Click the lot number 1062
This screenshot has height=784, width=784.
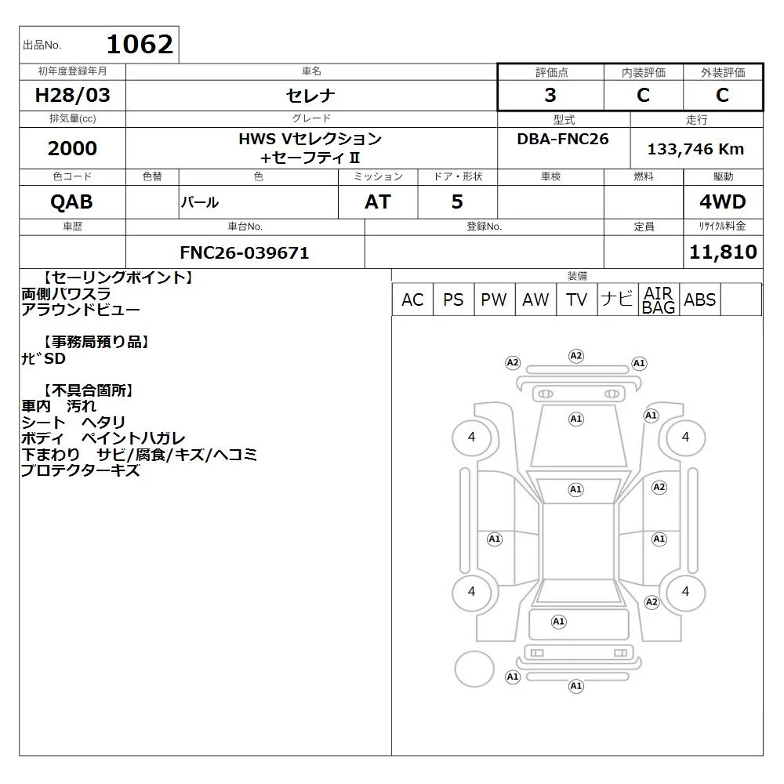(140, 44)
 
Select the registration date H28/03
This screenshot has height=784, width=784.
(72, 95)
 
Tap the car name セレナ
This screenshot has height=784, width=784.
(310, 95)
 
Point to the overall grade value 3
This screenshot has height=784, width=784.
(550, 95)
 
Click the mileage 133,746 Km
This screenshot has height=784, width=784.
(695, 149)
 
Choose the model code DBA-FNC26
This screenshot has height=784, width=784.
(562, 139)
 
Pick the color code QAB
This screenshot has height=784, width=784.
(71, 201)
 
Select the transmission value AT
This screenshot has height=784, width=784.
(378, 201)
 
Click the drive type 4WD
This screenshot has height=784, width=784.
(723, 201)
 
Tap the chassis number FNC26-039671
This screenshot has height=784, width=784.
(245, 252)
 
